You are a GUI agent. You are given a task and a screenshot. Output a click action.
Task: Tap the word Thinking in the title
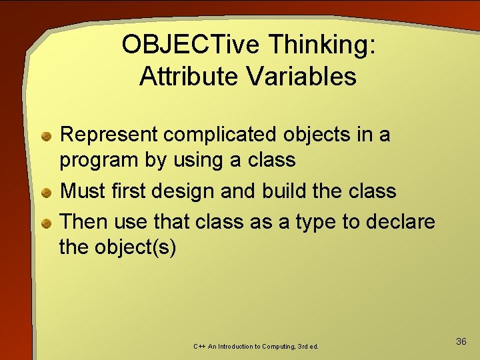[x=322, y=45]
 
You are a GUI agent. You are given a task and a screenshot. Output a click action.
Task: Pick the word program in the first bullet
[x=97, y=161]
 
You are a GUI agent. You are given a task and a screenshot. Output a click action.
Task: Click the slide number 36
[x=461, y=341]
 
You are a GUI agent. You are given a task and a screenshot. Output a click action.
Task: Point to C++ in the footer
[x=199, y=347]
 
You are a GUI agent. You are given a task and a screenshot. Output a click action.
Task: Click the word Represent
[x=109, y=135]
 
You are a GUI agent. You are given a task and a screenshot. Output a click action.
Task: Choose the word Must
[x=81, y=191]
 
